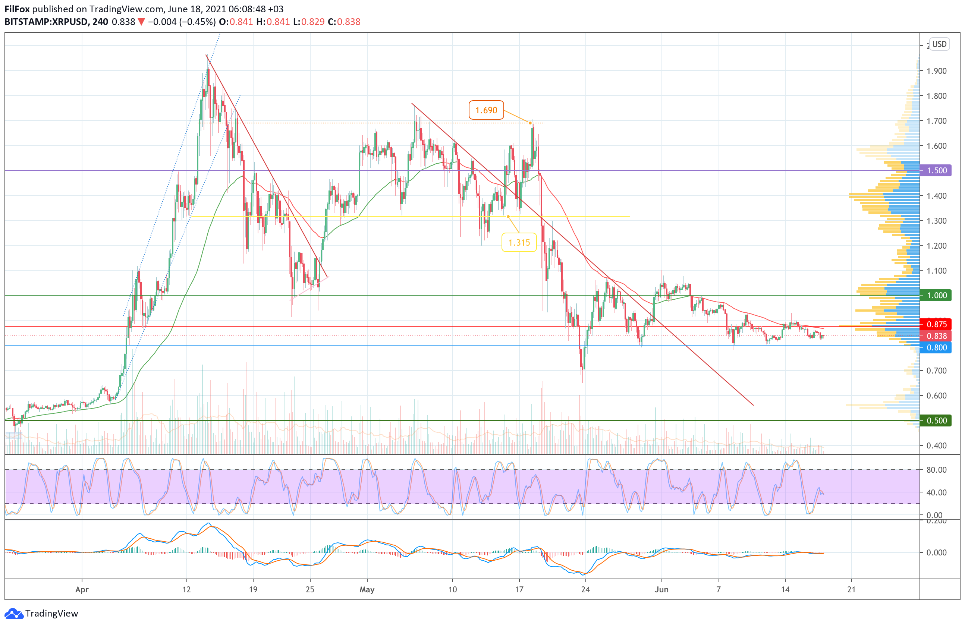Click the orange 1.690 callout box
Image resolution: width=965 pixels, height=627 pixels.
486,110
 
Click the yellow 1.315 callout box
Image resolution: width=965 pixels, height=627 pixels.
519,242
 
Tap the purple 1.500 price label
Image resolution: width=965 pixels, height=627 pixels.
936,171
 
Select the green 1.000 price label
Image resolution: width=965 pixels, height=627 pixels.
936,296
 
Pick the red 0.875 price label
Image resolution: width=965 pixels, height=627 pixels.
936,324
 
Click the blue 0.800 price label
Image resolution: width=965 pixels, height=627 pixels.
936,348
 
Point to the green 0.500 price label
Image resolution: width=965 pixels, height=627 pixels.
936,421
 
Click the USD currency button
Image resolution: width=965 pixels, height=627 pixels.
939,44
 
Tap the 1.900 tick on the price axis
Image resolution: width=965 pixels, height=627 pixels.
936,71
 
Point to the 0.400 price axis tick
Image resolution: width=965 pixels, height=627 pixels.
936,446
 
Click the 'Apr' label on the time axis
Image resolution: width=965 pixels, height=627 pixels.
82,590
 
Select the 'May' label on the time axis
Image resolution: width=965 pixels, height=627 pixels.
367,590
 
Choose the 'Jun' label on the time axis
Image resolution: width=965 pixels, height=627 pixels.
661,590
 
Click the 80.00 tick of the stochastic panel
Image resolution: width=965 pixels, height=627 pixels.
936,470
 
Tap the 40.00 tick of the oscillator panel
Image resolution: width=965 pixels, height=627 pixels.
936,492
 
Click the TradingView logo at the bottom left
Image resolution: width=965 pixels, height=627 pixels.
42,613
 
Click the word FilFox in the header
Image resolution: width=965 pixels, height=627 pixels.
17,9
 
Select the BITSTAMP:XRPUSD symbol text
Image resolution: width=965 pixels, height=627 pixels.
46,22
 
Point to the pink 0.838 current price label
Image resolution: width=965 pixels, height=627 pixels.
936,336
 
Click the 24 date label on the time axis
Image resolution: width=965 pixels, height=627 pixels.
585,590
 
